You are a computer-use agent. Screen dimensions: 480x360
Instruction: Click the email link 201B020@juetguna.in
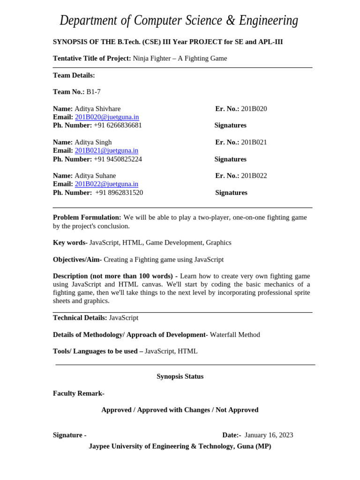point(107,117)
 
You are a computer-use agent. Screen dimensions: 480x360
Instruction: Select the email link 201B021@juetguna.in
point(106,150)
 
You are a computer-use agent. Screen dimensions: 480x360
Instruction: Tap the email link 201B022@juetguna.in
point(106,184)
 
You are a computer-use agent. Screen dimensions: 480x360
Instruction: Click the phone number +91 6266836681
point(118,126)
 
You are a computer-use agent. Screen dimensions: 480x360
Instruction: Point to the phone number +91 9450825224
point(118,159)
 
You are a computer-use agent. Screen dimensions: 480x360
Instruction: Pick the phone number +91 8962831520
point(119,193)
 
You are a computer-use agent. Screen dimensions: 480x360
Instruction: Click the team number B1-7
point(93,92)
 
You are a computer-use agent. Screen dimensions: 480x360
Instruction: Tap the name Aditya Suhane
point(95,176)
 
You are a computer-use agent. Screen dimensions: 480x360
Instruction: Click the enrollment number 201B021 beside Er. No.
point(254,142)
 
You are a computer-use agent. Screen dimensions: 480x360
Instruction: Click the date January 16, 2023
point(269,435)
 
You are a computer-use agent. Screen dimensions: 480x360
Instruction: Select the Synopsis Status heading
point(180,376)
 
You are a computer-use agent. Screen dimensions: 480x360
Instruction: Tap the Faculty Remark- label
point(79,393)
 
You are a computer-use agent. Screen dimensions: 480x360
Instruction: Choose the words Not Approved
point(237,410)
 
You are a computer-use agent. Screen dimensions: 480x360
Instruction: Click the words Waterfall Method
point(235,335)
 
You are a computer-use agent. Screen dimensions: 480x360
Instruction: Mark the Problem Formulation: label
point(87,217)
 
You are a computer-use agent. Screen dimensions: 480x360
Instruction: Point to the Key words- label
point(70,243)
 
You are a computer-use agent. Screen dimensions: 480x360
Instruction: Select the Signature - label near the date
point(69,435)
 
